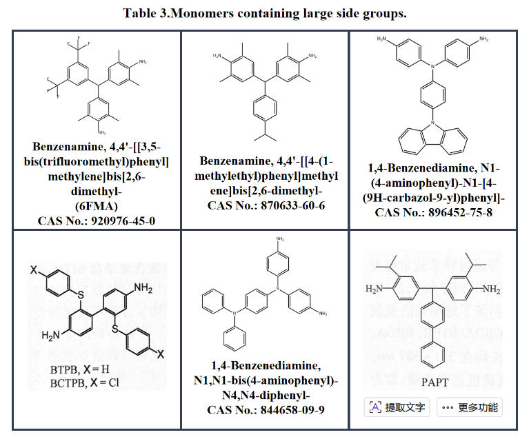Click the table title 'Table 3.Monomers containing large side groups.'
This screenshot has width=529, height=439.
coord(264,14)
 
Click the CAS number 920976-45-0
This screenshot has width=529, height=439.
coord(97,220)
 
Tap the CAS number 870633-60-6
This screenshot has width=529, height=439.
coord(264,205)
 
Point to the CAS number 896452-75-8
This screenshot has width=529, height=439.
coord(432,212)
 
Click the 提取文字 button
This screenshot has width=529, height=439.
coord(397,407)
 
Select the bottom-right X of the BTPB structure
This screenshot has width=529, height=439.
coord(160,354)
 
